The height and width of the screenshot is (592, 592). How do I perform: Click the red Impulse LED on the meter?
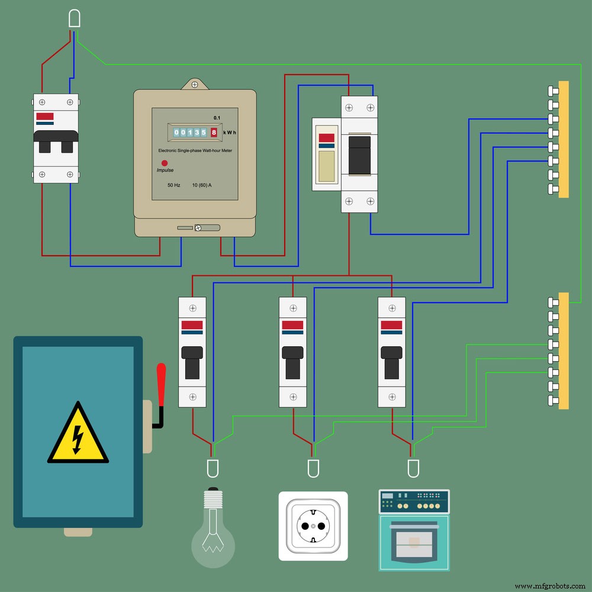tap(165, 163)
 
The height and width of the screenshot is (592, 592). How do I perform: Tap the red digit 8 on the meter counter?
tap(214, 133)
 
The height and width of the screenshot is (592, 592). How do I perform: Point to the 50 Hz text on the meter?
tap(173, 185)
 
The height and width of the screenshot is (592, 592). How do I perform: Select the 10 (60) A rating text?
tap(202, 185)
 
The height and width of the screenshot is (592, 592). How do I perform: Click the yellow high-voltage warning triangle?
tap(78, 435)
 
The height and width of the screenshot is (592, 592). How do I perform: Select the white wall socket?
tap(313, 526)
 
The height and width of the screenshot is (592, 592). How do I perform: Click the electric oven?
tap(414, 530)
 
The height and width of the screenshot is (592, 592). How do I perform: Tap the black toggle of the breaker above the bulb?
tap(192, 362)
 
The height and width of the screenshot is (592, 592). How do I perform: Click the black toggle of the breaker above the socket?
tap(292, 362)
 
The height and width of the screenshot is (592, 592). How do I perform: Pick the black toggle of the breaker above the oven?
tap(392, 362)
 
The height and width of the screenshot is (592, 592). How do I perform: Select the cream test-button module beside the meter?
tap(327, 154)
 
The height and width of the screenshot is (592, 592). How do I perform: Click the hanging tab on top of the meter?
tap(195, 84)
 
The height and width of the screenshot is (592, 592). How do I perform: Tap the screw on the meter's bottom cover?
tap(200, 227)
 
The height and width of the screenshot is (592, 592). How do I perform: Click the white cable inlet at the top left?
tap(75, 20)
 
